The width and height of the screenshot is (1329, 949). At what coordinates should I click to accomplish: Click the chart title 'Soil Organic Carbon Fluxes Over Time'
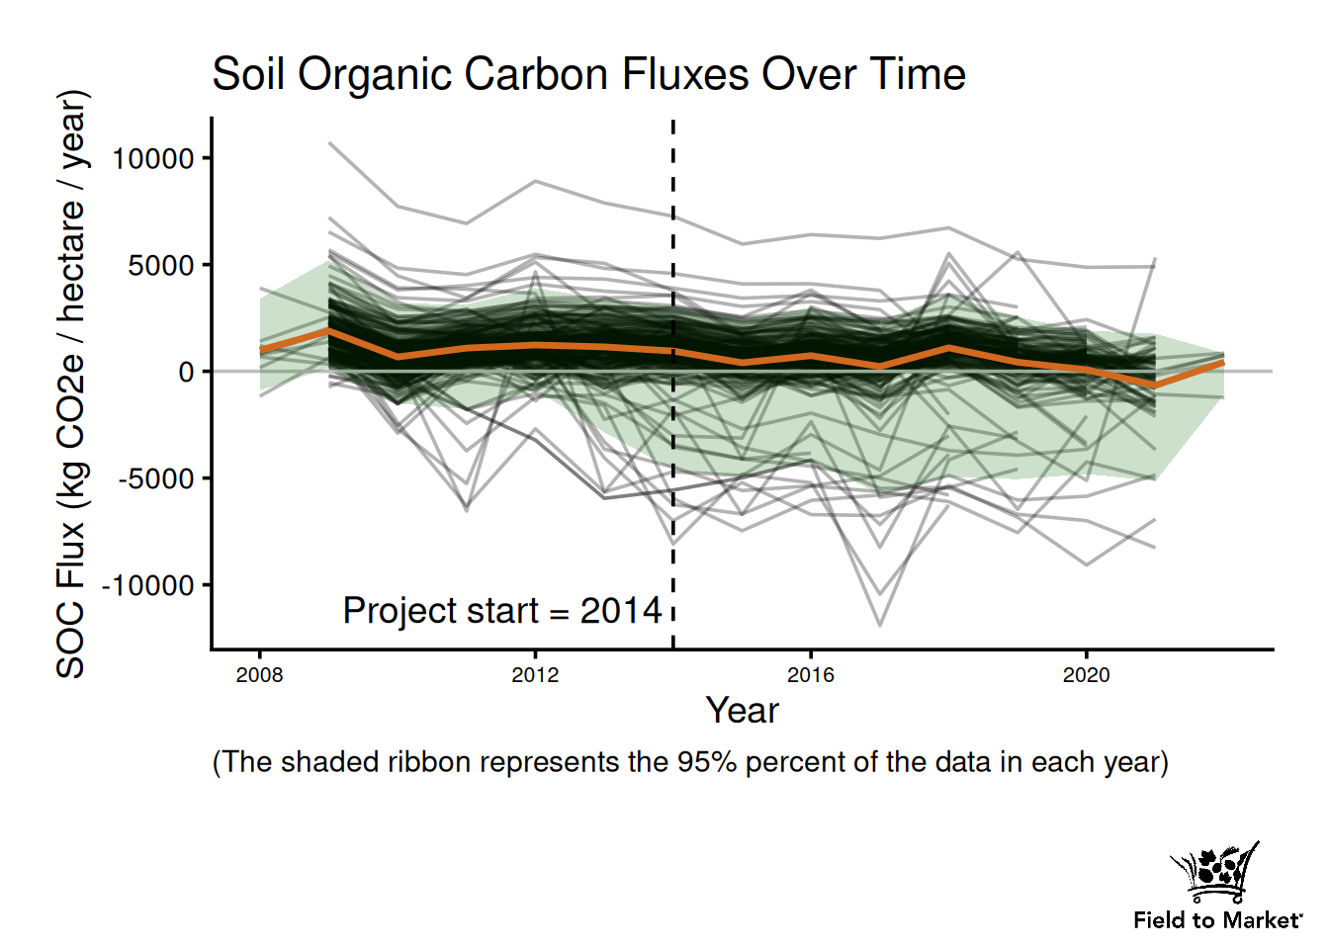588,75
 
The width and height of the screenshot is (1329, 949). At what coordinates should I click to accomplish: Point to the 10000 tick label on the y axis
152,158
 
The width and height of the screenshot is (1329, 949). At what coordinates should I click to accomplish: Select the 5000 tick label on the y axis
161,265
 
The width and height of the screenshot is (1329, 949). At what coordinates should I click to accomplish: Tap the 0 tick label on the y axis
186,372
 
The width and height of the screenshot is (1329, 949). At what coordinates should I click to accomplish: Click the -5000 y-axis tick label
156,478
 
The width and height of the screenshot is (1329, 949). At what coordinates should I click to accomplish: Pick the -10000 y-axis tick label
148,585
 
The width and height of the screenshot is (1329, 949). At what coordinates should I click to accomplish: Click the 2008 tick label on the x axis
259,675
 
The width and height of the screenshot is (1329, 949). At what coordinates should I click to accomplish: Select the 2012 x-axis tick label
535,675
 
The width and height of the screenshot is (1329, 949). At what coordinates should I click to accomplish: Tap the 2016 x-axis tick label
811,675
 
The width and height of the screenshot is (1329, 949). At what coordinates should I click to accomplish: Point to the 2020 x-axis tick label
1086,675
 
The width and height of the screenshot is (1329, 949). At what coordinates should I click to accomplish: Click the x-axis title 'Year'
742,711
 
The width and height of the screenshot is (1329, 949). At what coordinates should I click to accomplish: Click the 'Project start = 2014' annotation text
502,611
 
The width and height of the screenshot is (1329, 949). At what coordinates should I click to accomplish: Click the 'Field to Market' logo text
1217,920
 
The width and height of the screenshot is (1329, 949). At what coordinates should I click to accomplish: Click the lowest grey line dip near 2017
880,625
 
